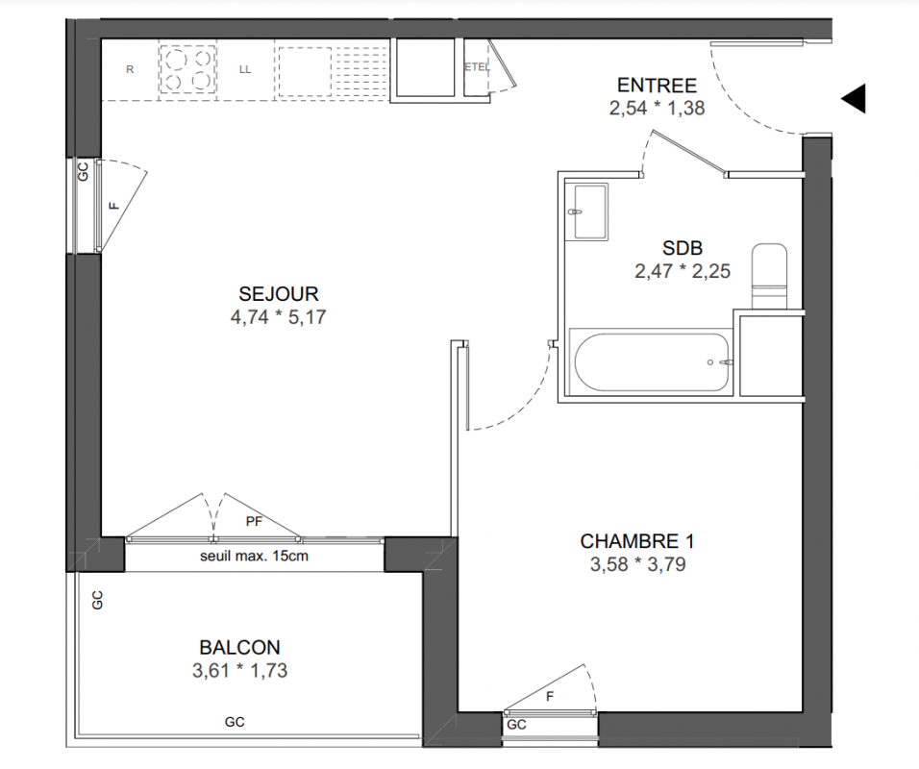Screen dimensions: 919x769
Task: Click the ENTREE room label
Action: (x=657, y=86)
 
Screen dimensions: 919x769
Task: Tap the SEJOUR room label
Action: (x=279, y=293)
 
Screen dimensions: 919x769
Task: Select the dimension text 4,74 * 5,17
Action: (x=279, y=317)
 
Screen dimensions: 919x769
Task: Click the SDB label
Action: (x=683, y=249)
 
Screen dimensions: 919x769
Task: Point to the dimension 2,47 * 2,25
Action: (x=683, y=271)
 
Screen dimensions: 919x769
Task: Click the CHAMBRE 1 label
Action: (x=637, y=541)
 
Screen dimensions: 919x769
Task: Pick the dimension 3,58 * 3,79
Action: (x=637, y=564)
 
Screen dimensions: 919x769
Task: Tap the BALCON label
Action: (x=239, y=648)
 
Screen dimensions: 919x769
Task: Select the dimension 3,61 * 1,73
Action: (x=239, y=671)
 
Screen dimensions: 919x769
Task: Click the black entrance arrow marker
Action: (x=856, y=98)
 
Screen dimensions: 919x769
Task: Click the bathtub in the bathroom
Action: (x=652, y=362)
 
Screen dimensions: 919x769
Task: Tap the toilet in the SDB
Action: (x=769, y=277)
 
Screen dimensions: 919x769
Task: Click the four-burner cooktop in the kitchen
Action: (x=187, y=70)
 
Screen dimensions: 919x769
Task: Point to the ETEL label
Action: (x=477, y=67)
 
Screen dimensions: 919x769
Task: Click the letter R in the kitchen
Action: (x=130, y=69)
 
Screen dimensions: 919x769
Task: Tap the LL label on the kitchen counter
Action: (x=245, y=69)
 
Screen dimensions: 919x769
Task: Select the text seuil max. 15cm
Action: (x=254, y=556)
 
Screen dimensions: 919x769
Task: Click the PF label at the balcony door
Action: (x=254, y=521)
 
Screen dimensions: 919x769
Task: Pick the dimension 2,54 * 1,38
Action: (x=657, y=109)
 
